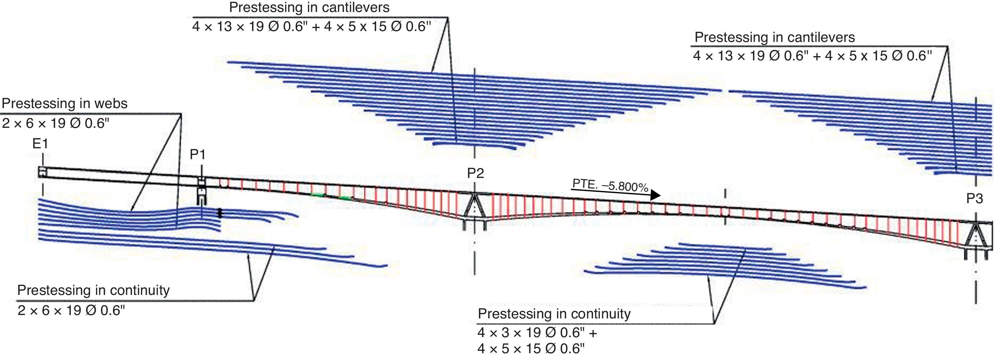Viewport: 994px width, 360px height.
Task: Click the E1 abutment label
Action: point(40,144)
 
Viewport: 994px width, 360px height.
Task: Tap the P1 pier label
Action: point(198,155)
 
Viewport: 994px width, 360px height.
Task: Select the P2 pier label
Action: point(475,173)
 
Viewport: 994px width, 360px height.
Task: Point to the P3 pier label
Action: point(974,199)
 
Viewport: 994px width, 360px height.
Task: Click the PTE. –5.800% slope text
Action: point(610,185)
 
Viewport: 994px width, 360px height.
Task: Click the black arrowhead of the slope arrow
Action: point(655,195)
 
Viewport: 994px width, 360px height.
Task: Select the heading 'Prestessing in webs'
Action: point(64,103)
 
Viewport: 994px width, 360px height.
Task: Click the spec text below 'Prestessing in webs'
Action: point(56,123)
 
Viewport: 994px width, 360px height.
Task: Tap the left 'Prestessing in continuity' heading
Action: point(93,290)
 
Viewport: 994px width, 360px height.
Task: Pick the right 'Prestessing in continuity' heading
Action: point(554,314)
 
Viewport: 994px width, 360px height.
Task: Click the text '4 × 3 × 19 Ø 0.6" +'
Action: point(537,333)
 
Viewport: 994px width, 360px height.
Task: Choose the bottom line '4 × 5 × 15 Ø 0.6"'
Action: point(531,349)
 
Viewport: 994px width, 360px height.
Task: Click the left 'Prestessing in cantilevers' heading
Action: point(309,7)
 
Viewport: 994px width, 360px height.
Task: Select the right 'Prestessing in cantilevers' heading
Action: point(775,37)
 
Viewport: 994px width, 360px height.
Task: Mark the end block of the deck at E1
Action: point(42,172)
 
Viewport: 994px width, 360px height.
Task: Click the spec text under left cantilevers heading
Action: point(311,27)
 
